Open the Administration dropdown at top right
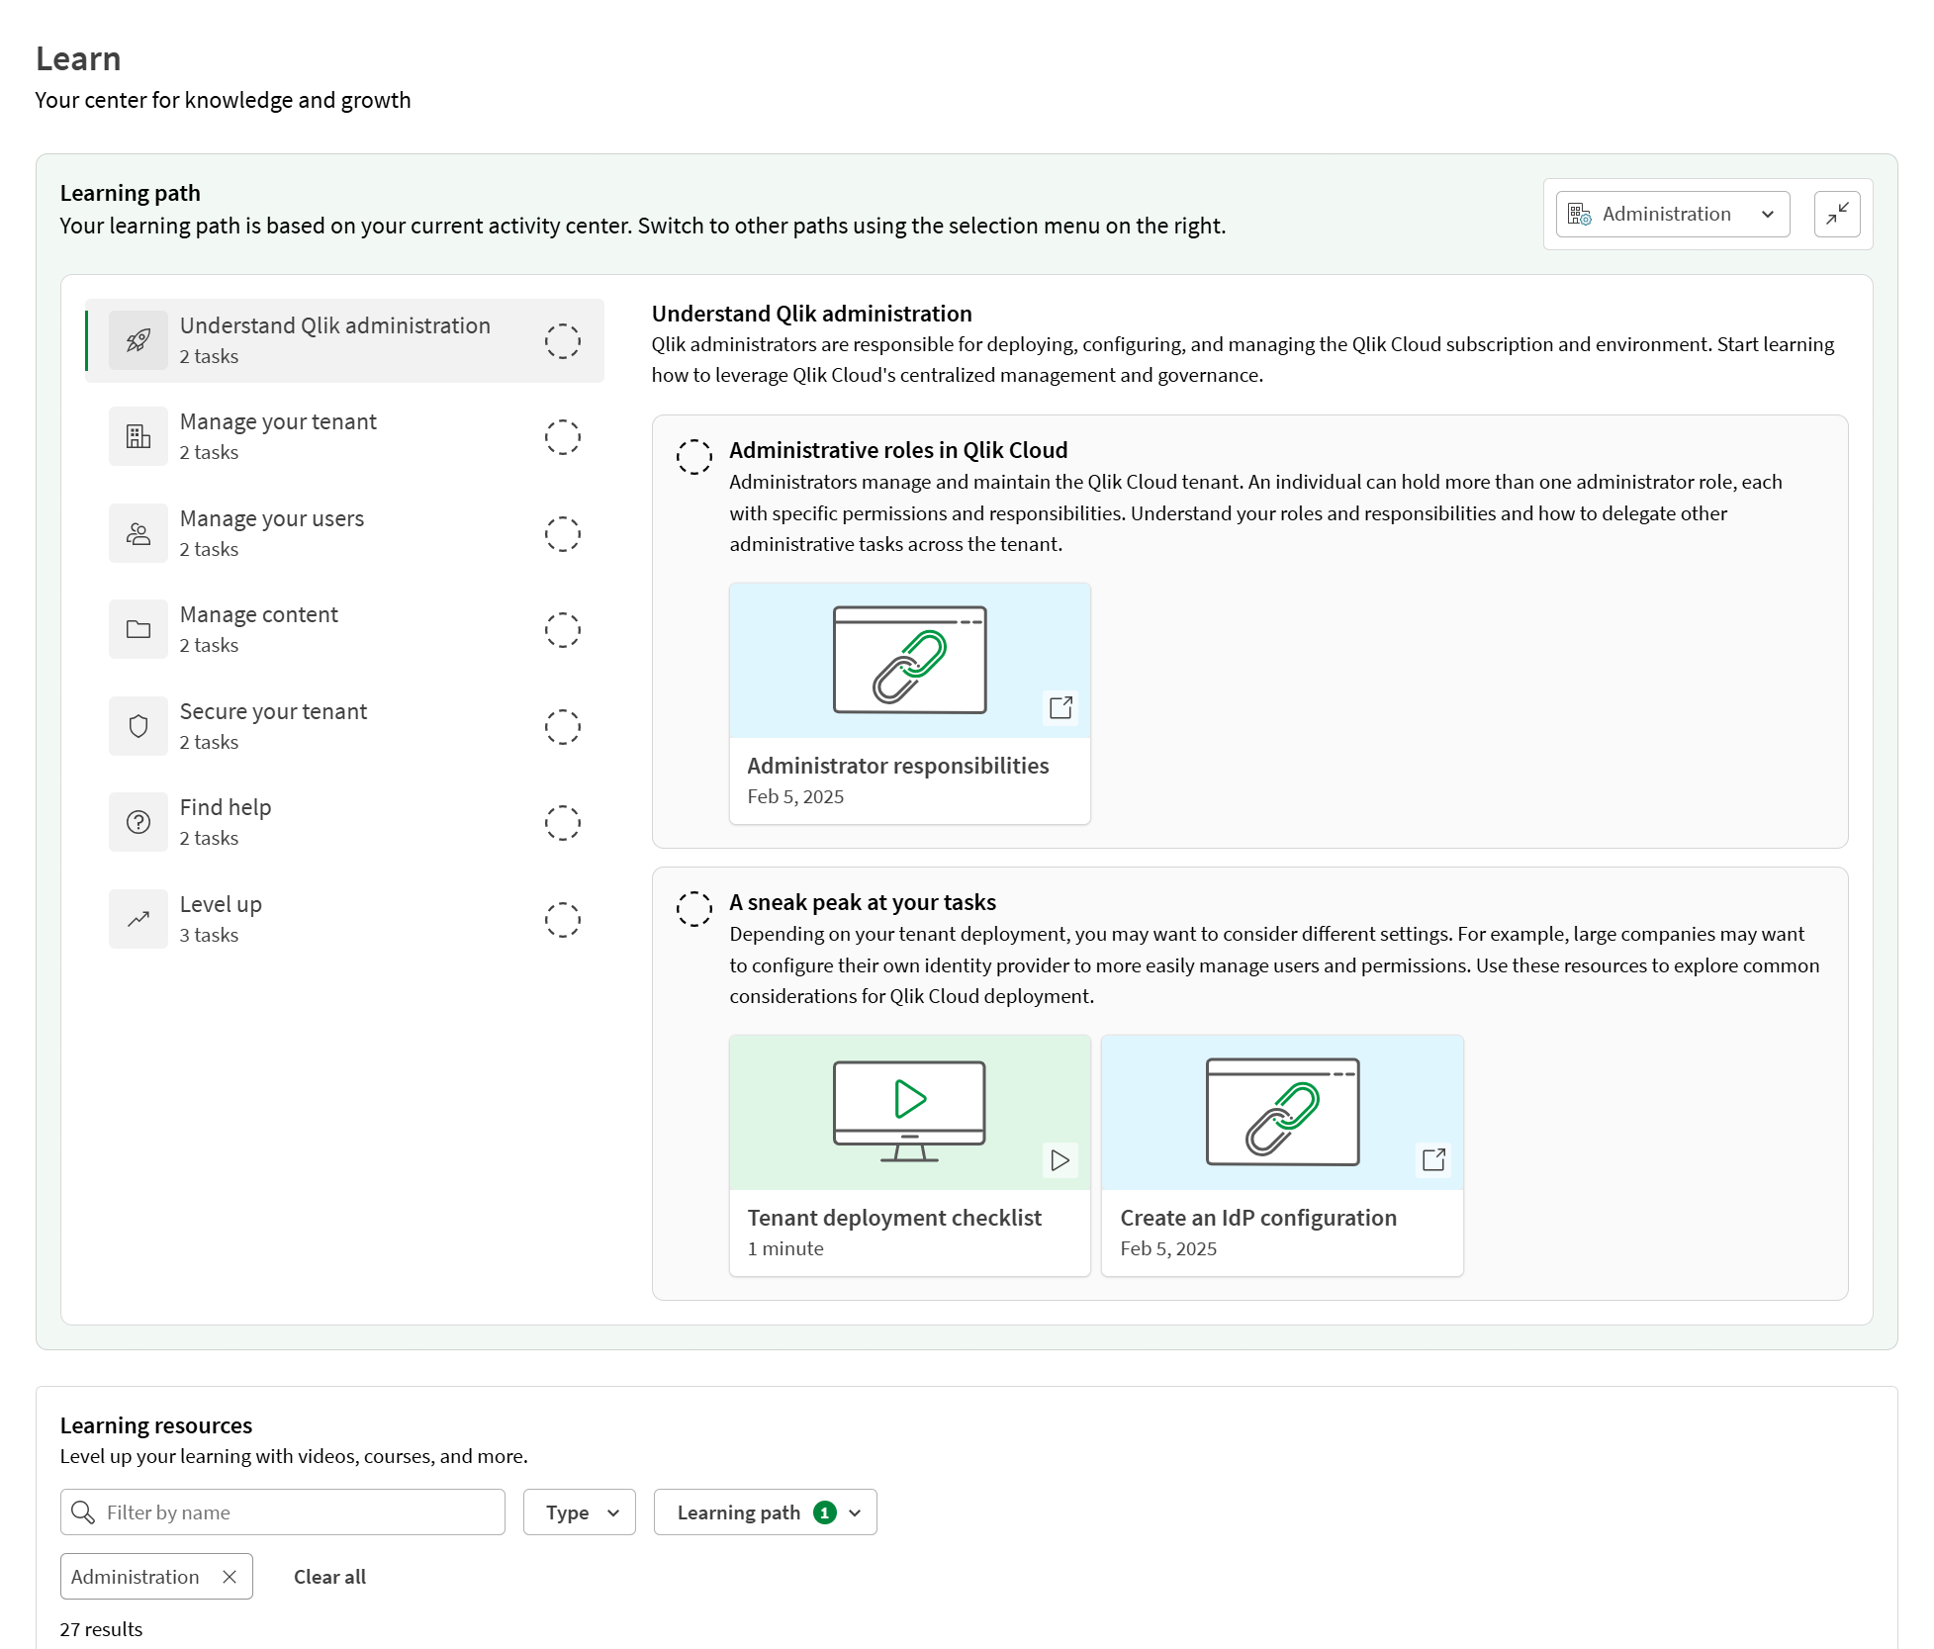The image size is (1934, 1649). pos(1672,215)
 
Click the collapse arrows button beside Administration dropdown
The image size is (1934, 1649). pos(1837,215)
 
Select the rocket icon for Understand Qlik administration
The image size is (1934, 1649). pos(138,340)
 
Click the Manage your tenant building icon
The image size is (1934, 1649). pos(138,436)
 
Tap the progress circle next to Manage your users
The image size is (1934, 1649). pos(562,534)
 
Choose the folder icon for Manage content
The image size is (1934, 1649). pos(138,629)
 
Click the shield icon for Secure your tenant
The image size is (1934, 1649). pos(138,726)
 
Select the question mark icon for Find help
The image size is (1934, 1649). pos(138,822)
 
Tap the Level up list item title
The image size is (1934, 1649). pos(221,904)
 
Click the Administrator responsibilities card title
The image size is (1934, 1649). pos(897,766)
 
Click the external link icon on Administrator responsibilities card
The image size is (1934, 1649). pos(1060,707)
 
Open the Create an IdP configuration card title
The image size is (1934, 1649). pos(1257,1218)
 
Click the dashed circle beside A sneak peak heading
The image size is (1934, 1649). pos(693,908)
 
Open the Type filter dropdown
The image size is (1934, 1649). pos(580,1512)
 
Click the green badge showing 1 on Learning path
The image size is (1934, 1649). pos(824,1512)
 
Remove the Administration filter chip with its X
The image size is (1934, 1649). pos(230,1577)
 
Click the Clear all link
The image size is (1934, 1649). pos(329,1577)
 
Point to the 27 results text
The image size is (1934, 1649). pos(101,1629)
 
